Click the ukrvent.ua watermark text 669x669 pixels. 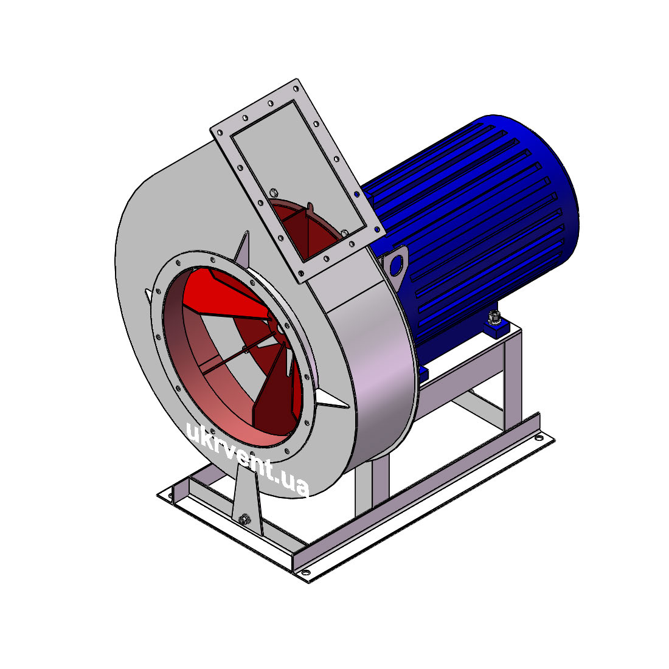(248, 460)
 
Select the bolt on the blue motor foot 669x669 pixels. (494, 316)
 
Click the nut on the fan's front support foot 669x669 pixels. (244, 519)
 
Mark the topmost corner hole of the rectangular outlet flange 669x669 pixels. (295, 89)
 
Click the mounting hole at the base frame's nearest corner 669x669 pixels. (305, 573)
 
